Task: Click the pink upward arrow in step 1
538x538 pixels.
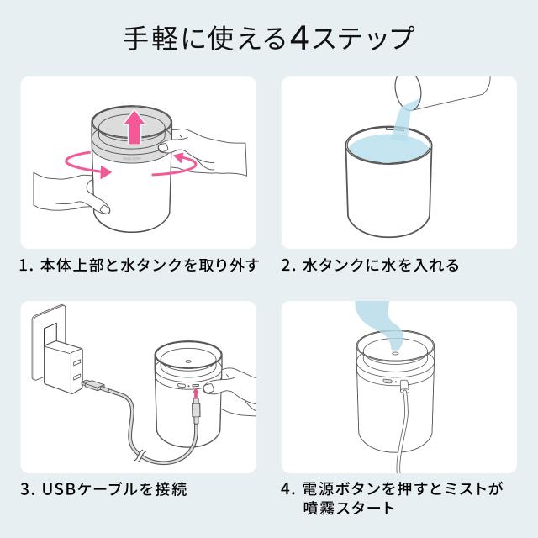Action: (135, 127)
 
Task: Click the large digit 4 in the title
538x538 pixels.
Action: (300, 38)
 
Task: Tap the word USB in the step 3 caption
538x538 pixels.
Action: (58, 489)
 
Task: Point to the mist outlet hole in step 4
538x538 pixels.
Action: (395, 352)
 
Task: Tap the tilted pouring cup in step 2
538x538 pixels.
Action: (443, 92)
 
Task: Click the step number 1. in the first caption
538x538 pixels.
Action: (26, 266)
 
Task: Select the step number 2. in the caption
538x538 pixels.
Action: (288, 266)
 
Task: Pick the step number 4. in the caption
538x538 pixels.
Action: (288, 489)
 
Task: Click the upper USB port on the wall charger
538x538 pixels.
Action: (76, 362)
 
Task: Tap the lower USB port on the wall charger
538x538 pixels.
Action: (76, 377)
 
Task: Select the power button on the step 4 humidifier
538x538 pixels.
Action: (388, 382)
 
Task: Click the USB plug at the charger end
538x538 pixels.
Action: (92, 385)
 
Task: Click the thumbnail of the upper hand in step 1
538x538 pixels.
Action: (163, 148)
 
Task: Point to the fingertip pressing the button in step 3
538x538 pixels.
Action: (209, 388)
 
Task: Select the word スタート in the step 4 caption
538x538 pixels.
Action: (365, 509)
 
